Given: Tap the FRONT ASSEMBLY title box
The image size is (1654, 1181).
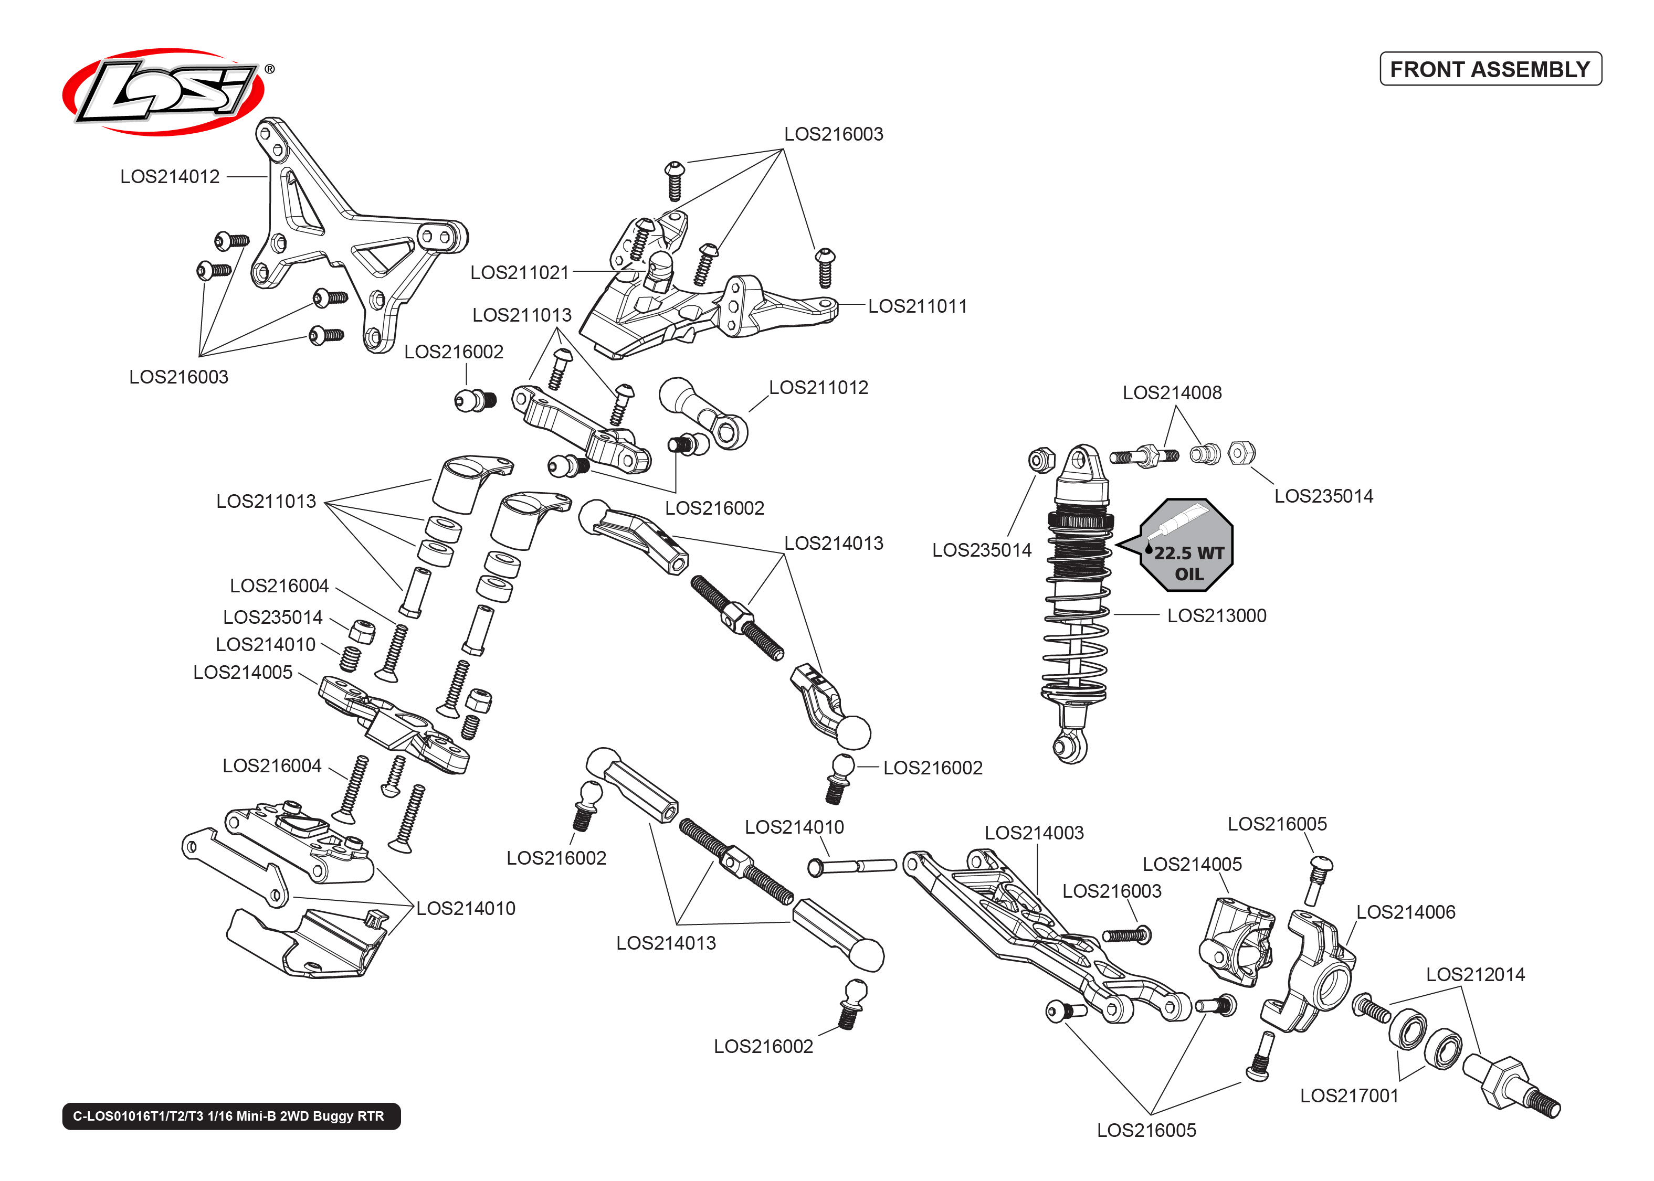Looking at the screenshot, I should coord(1490,69).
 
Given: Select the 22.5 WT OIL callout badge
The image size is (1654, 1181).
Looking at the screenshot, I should coord(1186,546).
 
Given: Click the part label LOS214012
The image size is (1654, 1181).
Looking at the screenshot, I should coord(170,177).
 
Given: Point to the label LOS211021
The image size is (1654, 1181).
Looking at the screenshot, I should coord(519,273).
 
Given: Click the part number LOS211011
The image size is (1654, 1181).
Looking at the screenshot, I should coord(917,306).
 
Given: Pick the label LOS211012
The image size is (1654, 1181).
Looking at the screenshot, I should coord(818,388).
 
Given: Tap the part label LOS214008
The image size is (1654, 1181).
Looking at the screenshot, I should coord(1172,392).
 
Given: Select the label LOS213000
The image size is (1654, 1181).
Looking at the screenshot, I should coord(1216,616).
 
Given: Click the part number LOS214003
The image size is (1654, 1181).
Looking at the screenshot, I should coord(1034,833).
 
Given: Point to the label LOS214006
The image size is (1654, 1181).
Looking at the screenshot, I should coord(1405,912).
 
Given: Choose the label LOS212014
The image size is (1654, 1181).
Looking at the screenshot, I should coord(1475,974).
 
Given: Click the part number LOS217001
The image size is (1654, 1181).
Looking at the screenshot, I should coord(1349,1096).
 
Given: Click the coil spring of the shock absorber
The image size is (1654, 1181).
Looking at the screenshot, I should coord(1075,640).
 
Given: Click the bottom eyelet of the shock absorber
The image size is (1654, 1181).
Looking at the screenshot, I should coord(1070,746).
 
